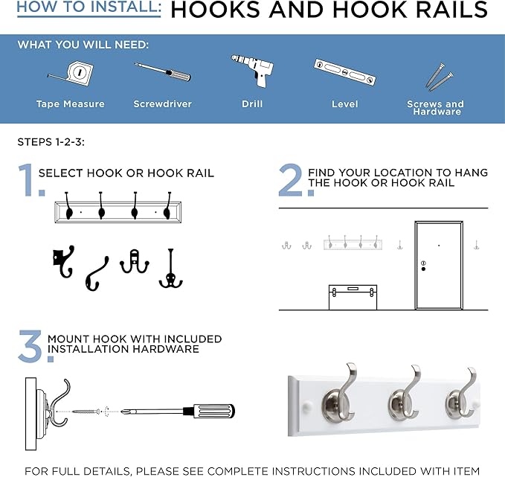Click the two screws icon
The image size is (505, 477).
(435, 75)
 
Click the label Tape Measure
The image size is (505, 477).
(70, 104)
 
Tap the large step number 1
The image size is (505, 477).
(26, 180)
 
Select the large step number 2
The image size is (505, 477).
(291, 180)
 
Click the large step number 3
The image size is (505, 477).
(31, 347)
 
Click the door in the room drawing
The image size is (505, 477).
(439, 264)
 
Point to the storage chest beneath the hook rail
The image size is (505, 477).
(353, 296)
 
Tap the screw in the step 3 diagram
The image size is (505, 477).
(89, 411)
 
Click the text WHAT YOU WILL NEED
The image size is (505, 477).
(83, 45)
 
